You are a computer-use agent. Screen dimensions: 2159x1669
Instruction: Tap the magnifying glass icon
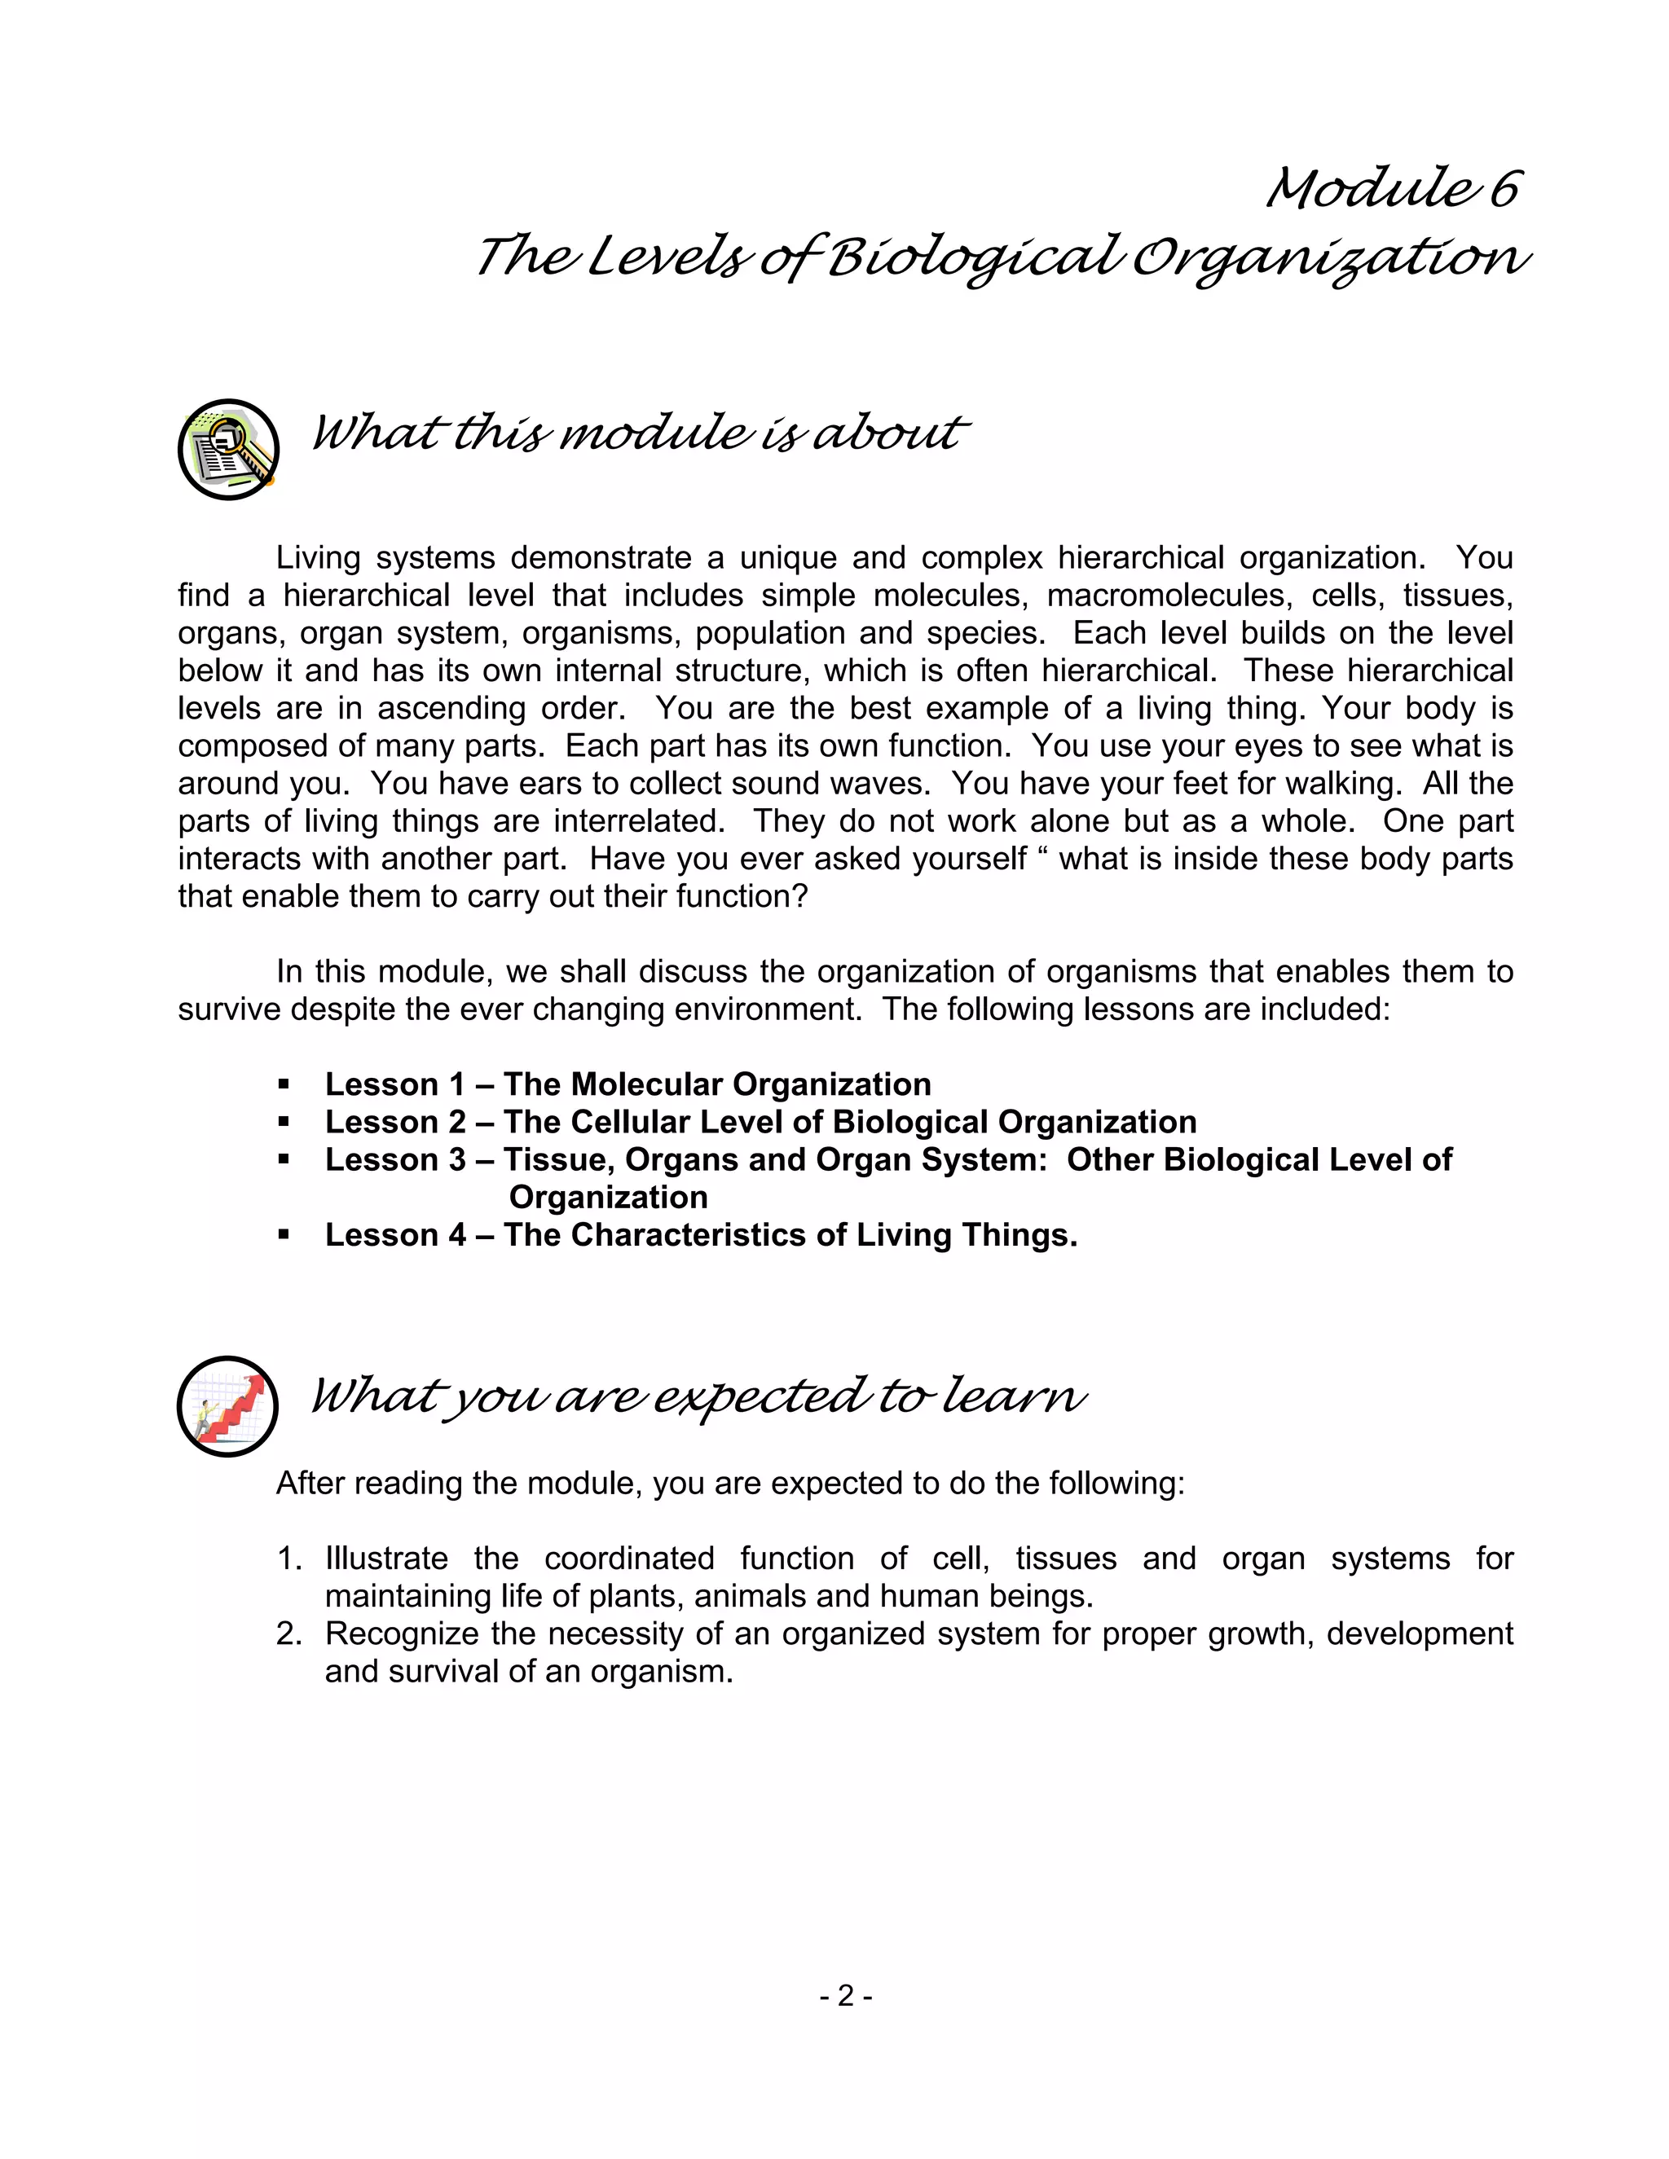(x=228, y=450)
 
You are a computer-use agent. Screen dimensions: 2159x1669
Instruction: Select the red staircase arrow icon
(x=227, y=1405)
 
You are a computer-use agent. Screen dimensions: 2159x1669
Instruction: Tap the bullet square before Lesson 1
(x=284, y=1084)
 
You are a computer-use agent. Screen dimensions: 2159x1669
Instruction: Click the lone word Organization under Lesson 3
(x=608, y=1197)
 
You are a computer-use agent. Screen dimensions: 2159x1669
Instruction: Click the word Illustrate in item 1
(x=385, y=1559)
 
